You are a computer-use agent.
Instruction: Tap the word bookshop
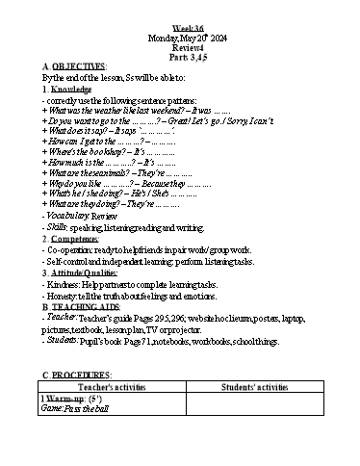click(94, 153)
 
